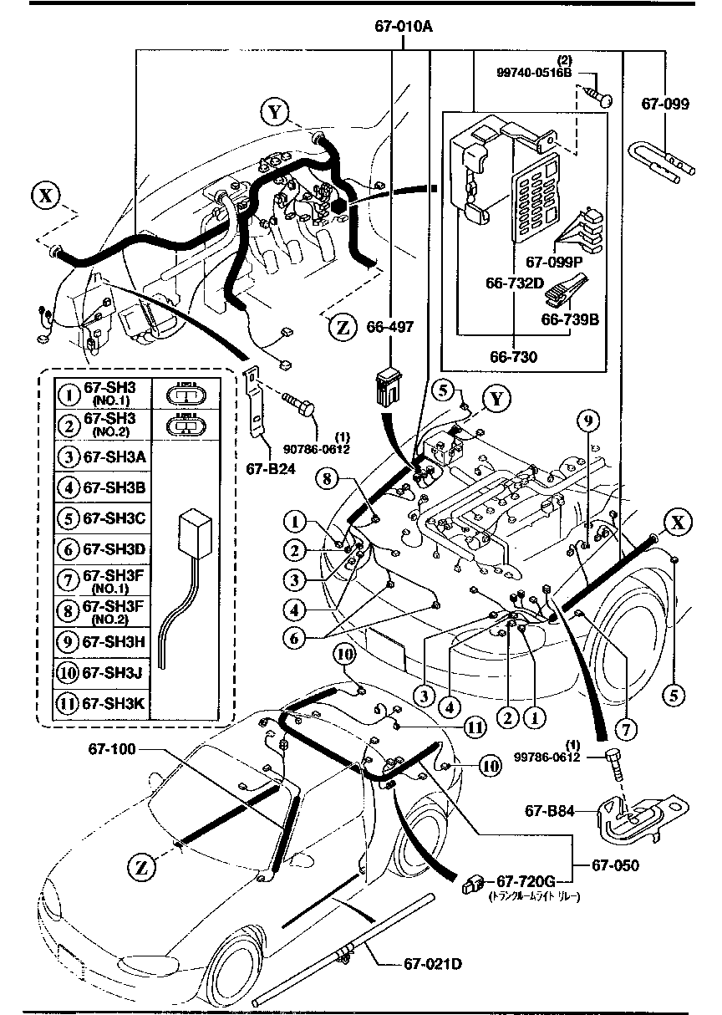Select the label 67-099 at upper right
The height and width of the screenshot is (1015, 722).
coord(665,104)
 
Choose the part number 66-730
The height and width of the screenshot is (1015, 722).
coord(514,356)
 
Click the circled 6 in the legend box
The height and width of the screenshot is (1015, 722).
coord(68,548)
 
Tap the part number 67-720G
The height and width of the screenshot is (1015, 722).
coord(526,881)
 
